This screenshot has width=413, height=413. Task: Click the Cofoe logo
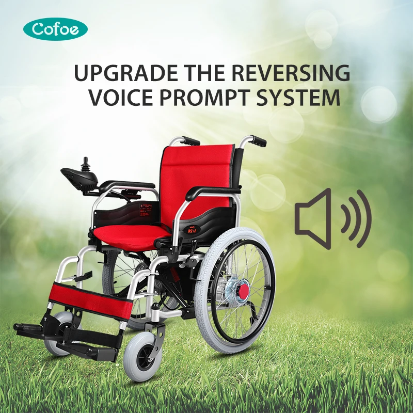(x=56, y=29)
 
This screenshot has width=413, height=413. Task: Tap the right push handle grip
(x=258, y=141)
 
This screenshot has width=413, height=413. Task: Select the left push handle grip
(x=189, y=140)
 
